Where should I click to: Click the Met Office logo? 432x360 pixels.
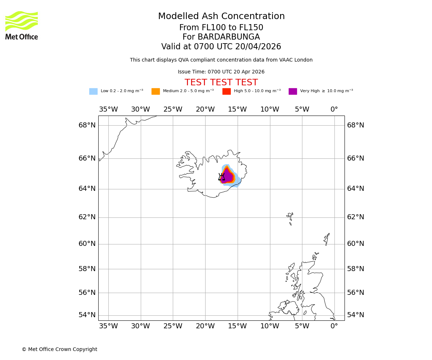point(22,25)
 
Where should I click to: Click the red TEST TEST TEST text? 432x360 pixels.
point(221,83)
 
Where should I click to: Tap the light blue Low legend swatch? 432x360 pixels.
point(93,91)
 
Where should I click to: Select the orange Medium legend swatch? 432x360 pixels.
point(156,91)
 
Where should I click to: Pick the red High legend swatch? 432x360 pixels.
point(226,91)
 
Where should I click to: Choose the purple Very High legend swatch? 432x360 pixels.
point(293,91)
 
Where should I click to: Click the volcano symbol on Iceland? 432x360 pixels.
point(221,177)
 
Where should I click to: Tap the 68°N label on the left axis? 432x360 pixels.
point(87,125)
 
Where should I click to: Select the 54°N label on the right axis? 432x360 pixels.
point(355,315)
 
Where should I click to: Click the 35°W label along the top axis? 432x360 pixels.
point(108,109)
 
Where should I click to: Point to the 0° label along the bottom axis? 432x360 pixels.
point(334,326)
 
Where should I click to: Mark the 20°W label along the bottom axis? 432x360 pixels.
point(205,326)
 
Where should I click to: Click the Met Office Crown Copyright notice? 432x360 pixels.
point(59,349)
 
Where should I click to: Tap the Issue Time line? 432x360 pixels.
point(221,72)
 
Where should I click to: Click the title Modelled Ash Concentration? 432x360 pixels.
point(221,17)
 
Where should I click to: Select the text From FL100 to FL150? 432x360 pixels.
point(221,28)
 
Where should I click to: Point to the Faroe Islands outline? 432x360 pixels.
point(290,217)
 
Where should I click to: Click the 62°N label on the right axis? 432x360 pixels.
point(355,217)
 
